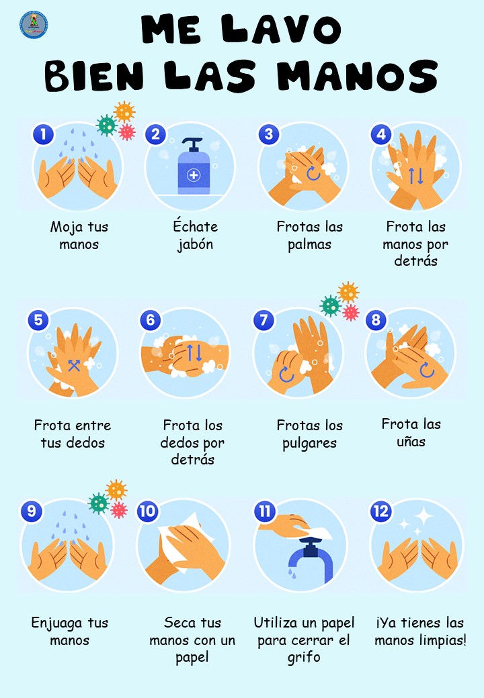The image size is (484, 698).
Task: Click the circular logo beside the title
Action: pos(34,24)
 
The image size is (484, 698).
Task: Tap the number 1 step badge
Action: pos(43,134)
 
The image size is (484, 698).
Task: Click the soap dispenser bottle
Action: pos(194,166)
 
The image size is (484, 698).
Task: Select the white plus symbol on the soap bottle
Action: pos(194,175)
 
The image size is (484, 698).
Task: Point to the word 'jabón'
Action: pos(195,244)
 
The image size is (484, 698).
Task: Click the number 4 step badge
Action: pos(382,134)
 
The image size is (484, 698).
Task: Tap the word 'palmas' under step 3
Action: pos(309,244)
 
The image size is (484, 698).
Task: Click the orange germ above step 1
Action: pos(124,111)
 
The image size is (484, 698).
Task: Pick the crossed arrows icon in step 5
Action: pos(74,366)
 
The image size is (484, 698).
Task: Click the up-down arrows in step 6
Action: pos(194,352)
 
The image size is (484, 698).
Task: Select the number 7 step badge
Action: pos(264,319)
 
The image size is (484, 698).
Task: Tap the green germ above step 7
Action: pos(331,306)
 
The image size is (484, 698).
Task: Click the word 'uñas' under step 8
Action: pos(411,441)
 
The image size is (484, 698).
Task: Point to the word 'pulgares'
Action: pos(309,444)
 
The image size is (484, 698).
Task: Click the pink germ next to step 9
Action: pos(119,509)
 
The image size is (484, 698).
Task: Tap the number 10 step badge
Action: pos(147,511)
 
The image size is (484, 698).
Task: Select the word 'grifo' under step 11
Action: pos(303,657)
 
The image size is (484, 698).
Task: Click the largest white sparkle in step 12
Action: pos(424,516)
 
